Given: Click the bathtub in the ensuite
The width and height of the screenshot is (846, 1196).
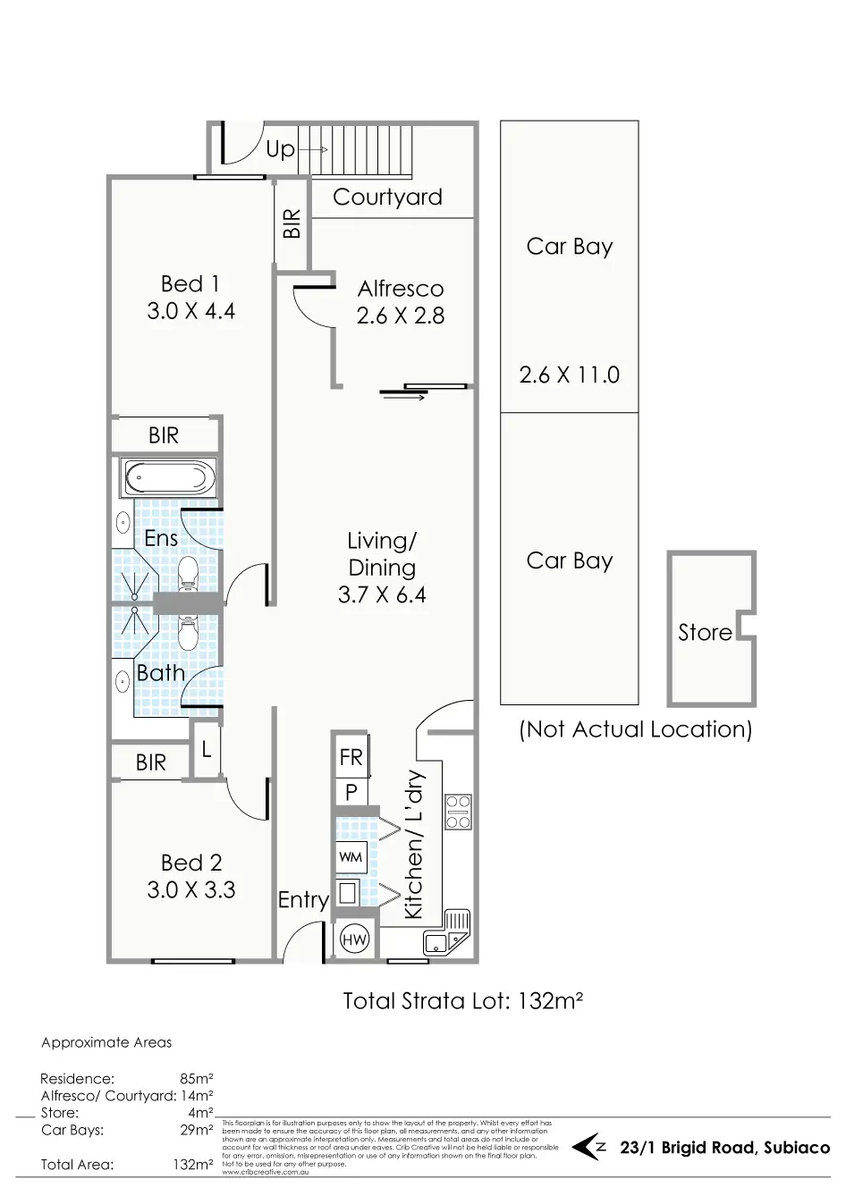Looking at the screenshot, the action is (x=169, y=479).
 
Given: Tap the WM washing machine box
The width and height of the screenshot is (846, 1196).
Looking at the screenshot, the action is (x=351, y=857).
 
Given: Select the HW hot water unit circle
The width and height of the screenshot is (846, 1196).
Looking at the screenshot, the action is (x=354, y=939).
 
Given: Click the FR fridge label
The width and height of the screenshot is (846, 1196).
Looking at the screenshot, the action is (x=351, y=758).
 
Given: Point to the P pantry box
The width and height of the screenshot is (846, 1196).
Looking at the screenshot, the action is (x=351, y=791).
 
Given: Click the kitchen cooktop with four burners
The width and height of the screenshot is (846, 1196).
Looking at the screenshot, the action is (x=458, y=811).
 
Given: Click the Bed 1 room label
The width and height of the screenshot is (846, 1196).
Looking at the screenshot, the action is (x=190, y=284).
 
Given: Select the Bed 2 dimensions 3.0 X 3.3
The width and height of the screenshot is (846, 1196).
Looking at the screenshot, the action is (x=191, y=890).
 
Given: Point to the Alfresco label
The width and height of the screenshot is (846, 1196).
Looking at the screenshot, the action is (x=401, y=289).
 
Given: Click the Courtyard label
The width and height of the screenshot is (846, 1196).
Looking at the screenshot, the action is (x=387, y=198).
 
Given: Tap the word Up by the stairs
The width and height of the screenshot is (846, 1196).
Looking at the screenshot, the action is (x=280, y=149).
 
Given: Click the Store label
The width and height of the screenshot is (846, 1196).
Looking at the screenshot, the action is (x=705, y=633).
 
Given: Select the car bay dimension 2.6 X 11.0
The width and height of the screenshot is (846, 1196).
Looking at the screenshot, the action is (x=570, y=375).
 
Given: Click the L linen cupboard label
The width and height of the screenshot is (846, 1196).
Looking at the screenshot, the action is (x=206, y=749).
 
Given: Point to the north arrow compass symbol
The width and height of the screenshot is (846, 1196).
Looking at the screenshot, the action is (x=589, y=1147).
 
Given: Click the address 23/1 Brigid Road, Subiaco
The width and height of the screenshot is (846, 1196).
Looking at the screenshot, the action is (x=724, y=1148).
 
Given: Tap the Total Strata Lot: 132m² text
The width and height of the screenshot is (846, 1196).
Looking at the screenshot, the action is (x=462, y=1000).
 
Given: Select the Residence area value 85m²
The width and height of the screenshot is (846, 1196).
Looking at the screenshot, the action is (x=196, y=1079).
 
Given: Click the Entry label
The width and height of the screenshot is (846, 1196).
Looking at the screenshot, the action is (x=303, y=899).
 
